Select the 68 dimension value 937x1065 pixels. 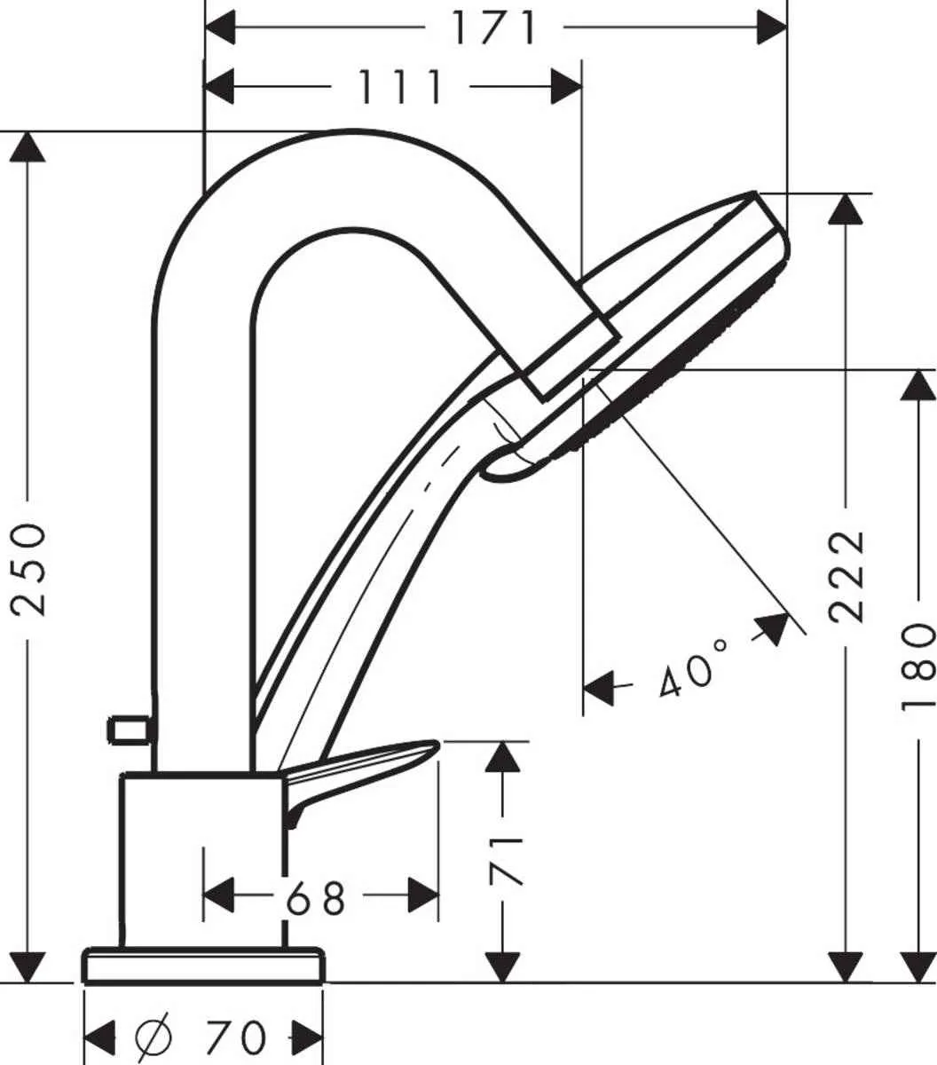[x=315, y=899]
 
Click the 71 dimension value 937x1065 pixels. [x=505, y=860]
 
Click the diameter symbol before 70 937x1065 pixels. [x=154, y=1036]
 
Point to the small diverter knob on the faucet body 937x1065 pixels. [x=130, y=730]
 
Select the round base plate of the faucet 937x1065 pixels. [x=203, y=966]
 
